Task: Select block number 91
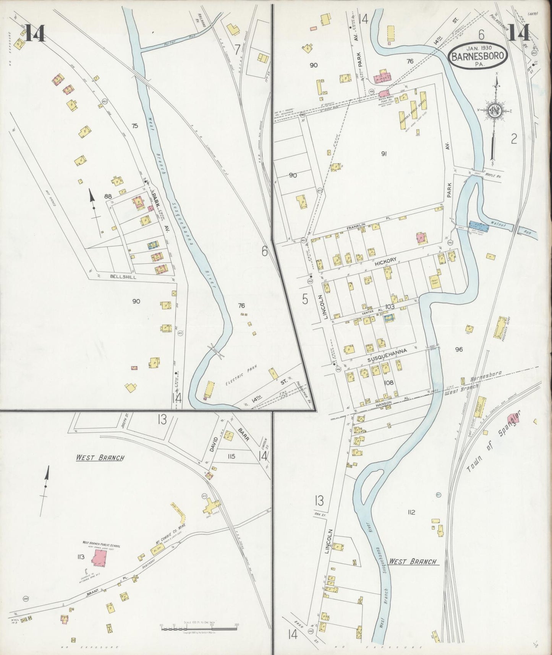(x=384, y=154)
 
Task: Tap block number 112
(x=411, y=512)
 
